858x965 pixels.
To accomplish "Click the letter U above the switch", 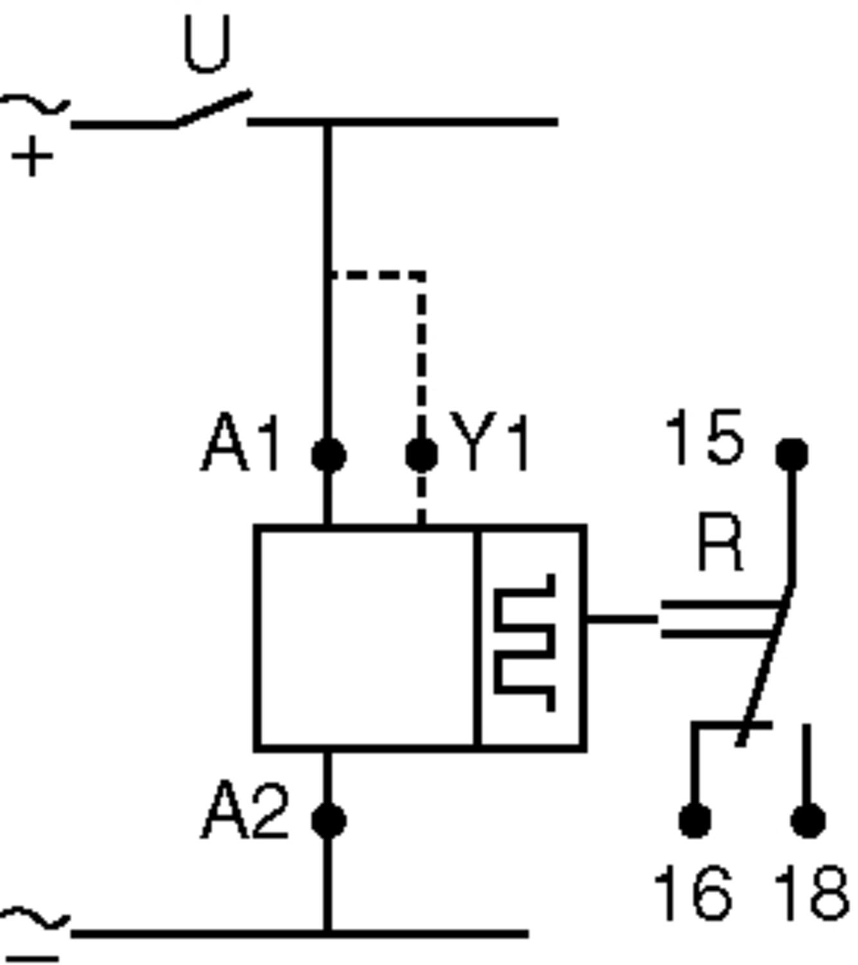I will [x=207, y=45].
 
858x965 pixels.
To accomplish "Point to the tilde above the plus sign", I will [x=35, y=105].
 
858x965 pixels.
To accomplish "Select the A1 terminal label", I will [x=241, y=445].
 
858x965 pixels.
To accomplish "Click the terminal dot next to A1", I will [x=328, y=455].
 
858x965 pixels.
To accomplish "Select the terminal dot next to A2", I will [x=328, y=821].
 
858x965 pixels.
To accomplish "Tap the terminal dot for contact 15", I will [x=792, y=454].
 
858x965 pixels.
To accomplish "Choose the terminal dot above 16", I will [x=695, y=821].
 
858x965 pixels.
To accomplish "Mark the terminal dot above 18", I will [x=808, y=821].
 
